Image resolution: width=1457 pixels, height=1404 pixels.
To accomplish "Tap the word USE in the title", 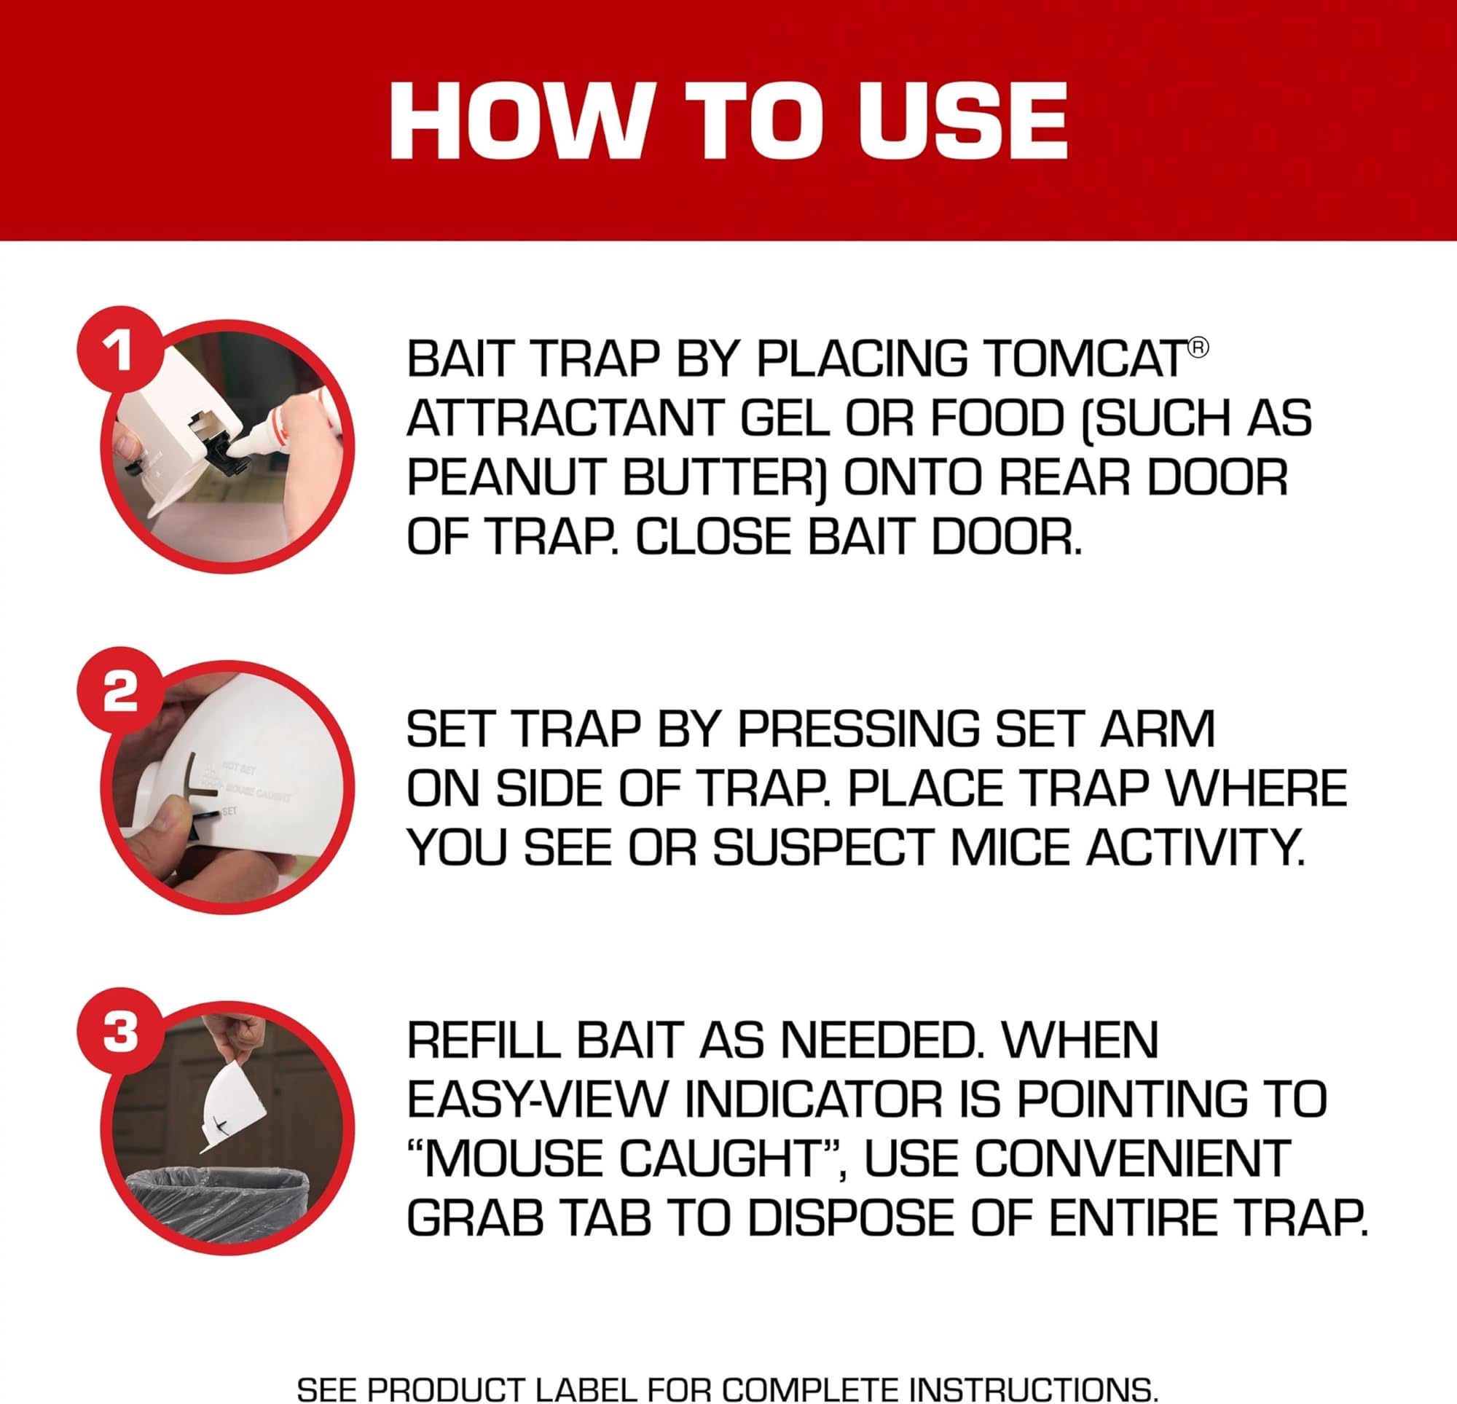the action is click(x=962, y=121).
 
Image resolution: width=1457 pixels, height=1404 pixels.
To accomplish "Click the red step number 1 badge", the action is click(x=119, y=350).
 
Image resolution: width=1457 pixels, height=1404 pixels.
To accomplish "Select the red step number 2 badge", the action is click(x=119, y=691).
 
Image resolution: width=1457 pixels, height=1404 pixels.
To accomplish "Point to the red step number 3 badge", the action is click(x=119, y=1033).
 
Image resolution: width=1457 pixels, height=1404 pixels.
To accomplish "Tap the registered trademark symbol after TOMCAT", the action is click(x=1198, y=348).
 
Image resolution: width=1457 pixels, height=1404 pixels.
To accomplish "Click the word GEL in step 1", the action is click(x=784, y=418).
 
